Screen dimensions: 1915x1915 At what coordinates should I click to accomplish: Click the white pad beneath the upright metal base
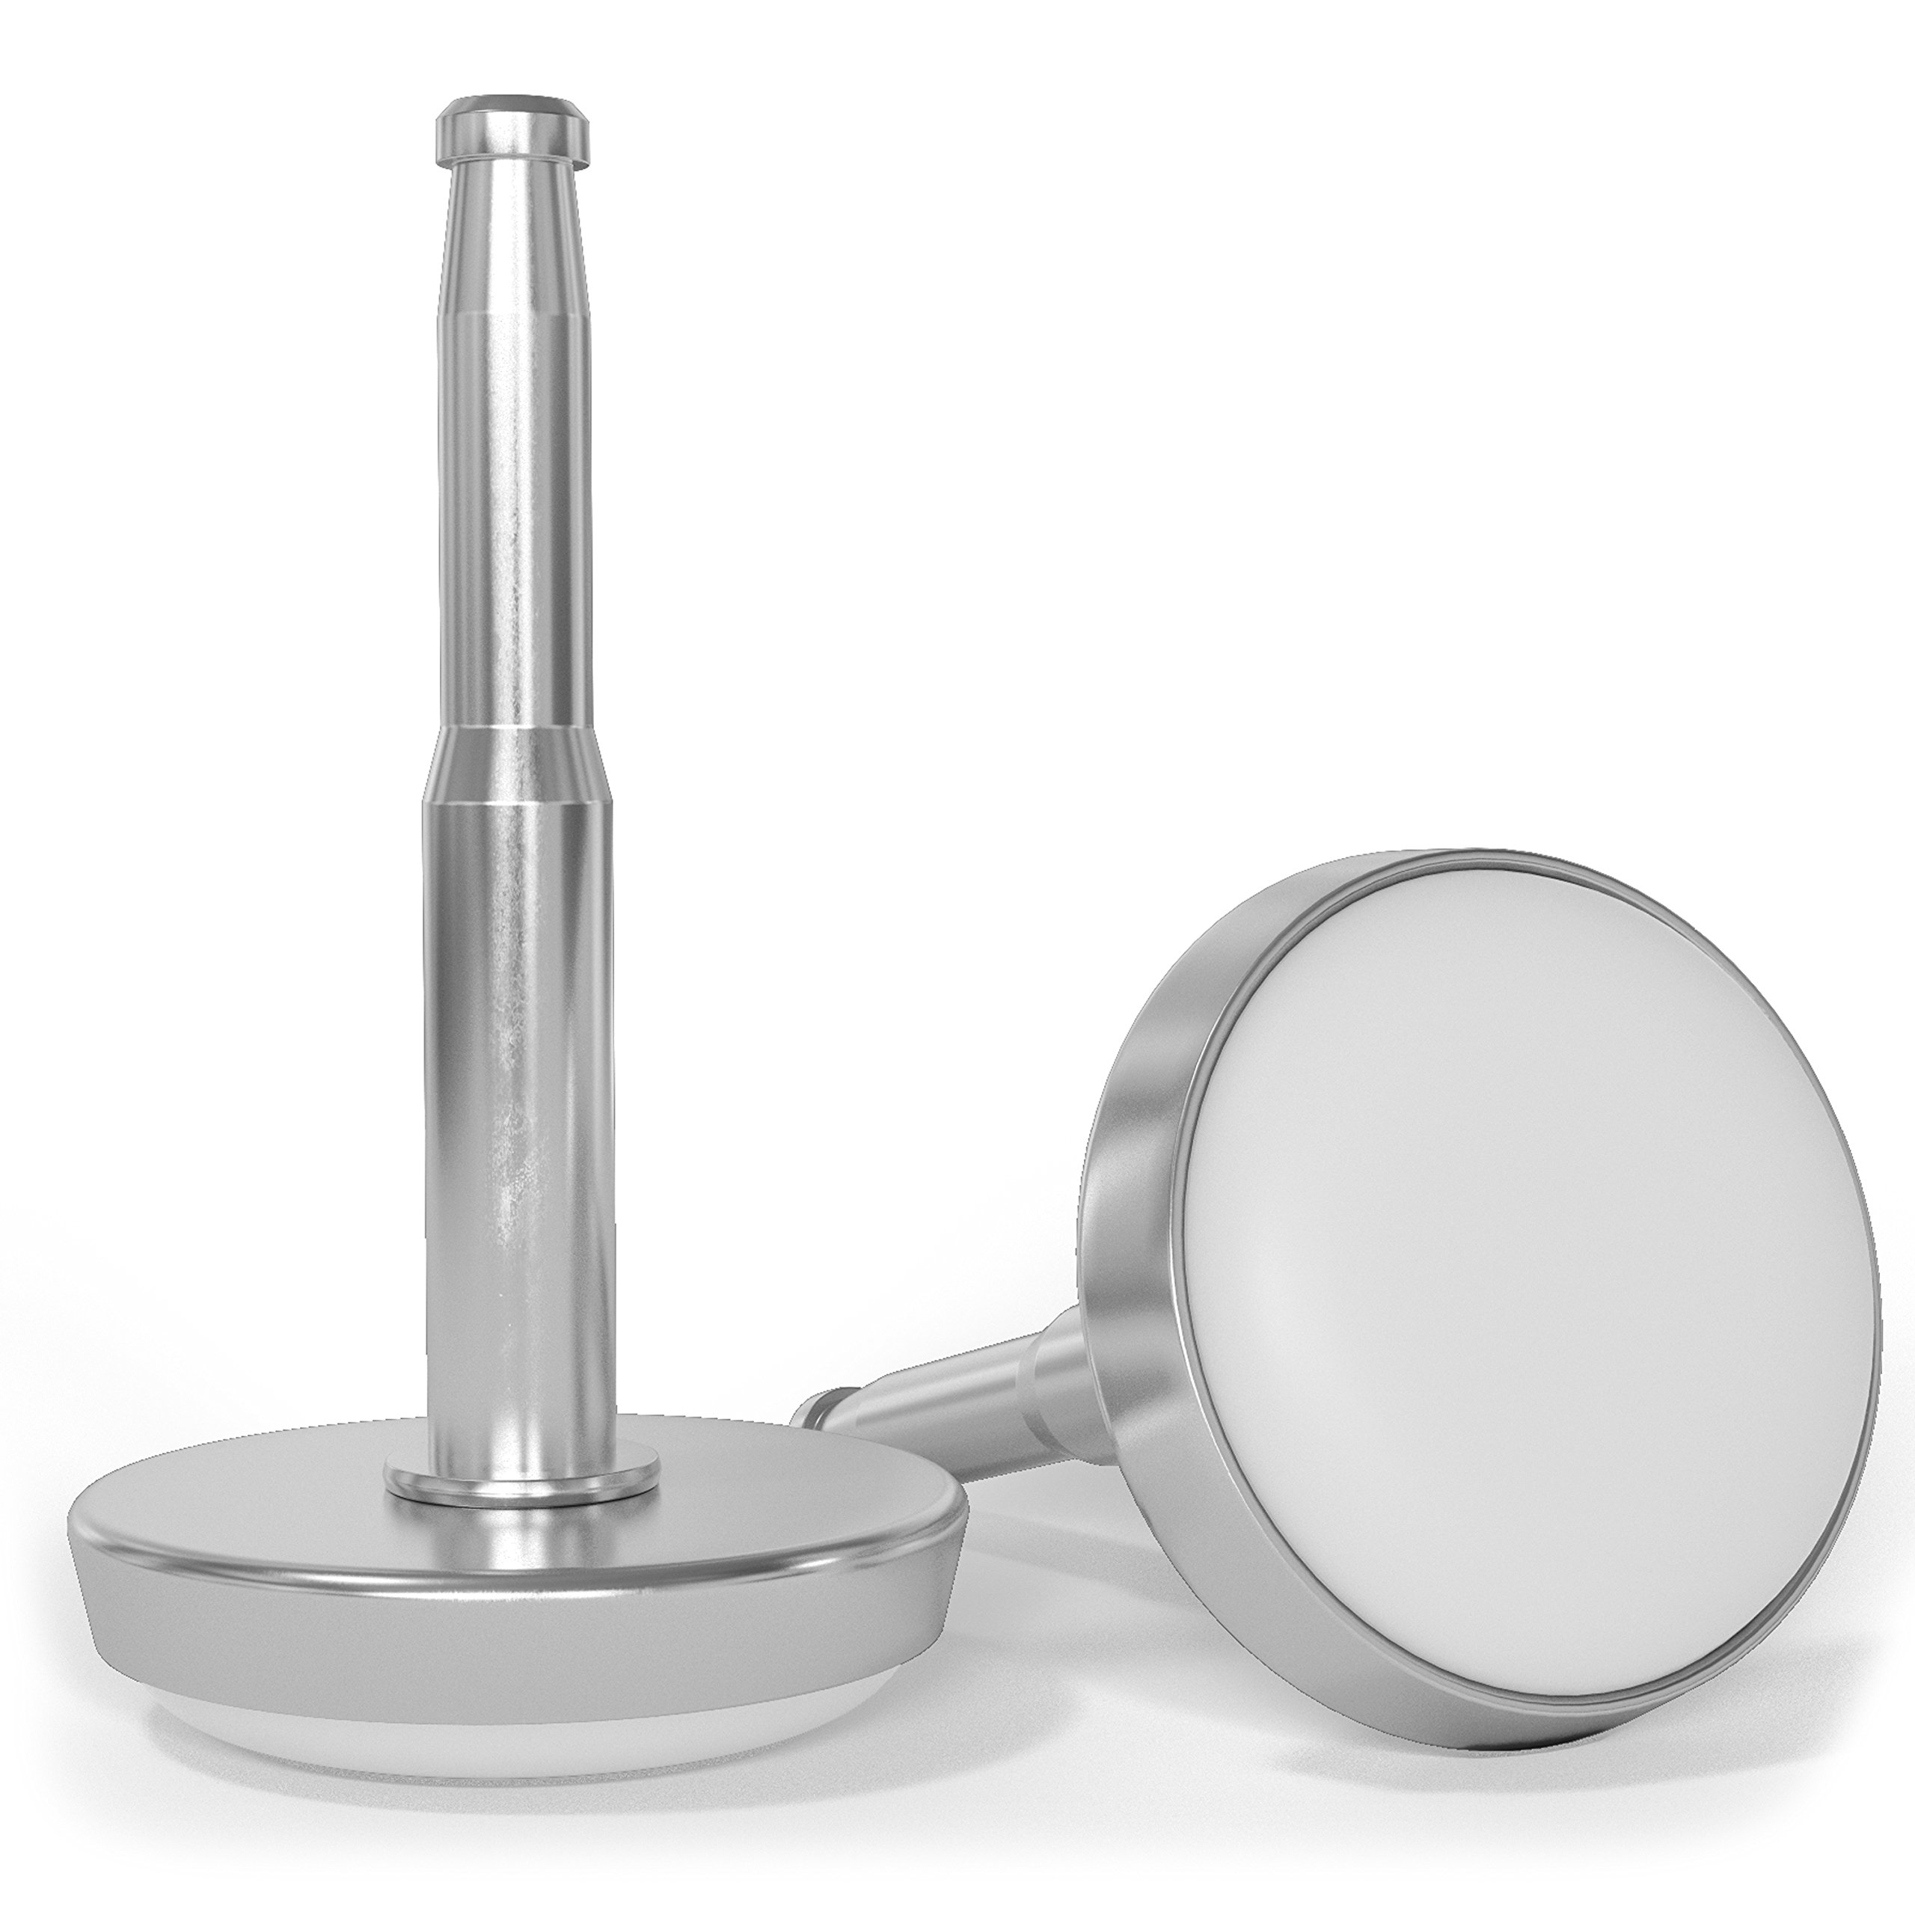(496, 1720)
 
